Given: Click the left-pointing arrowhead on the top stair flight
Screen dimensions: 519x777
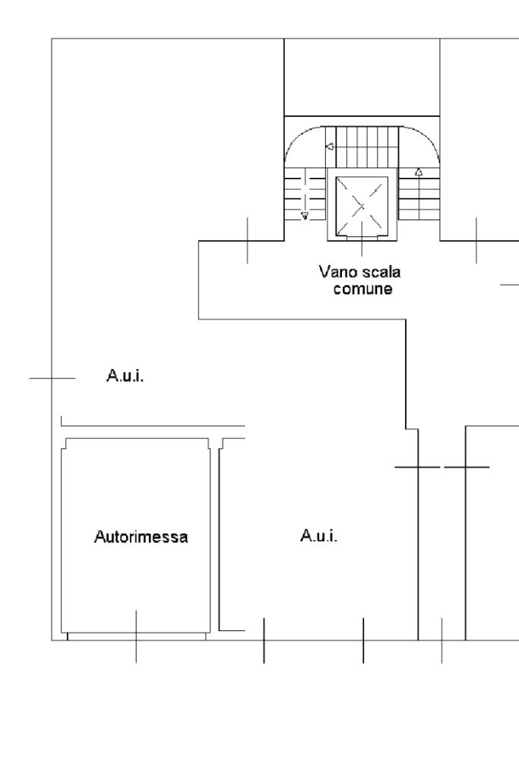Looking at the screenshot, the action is pos(328,147).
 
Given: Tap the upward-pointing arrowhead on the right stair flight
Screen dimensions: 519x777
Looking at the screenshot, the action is pos(418,172).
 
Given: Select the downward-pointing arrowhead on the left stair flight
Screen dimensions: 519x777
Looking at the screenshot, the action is pos(305,216).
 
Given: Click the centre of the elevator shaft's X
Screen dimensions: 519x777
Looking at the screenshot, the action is pos(362,205).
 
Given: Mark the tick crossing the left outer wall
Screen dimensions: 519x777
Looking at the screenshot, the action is pos(52,377).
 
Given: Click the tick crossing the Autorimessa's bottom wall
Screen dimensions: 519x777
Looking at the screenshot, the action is pos(136,635).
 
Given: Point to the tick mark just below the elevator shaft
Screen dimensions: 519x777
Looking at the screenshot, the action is pos(362,248).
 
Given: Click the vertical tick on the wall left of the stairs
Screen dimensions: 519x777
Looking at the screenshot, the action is pos(247,240).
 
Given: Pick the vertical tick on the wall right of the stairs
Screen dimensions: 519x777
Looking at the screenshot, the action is pos(476,240).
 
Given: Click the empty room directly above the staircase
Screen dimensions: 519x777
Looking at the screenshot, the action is pos(362,76).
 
